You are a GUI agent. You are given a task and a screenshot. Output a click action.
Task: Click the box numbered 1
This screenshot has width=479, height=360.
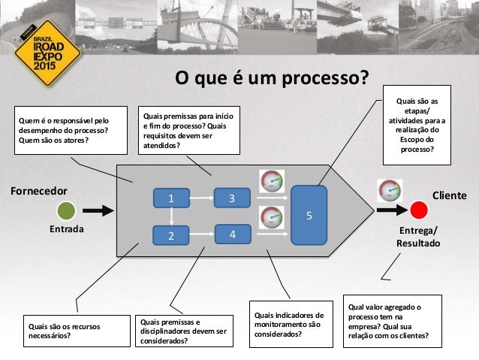tap(170, 198)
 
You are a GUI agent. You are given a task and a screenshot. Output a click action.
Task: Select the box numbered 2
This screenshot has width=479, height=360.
tap(170, 235)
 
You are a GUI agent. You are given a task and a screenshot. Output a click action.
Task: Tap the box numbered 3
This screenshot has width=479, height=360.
tap(232, 198)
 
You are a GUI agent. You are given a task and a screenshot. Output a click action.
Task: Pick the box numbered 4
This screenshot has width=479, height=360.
tap(232, 234)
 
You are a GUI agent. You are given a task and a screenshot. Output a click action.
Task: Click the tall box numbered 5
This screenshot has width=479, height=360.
tap(309, 216)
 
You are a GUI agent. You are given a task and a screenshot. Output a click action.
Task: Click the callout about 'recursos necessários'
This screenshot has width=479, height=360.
tap(70, 331)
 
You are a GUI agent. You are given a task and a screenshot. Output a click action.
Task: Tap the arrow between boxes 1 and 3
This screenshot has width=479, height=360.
tap(200, 198)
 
